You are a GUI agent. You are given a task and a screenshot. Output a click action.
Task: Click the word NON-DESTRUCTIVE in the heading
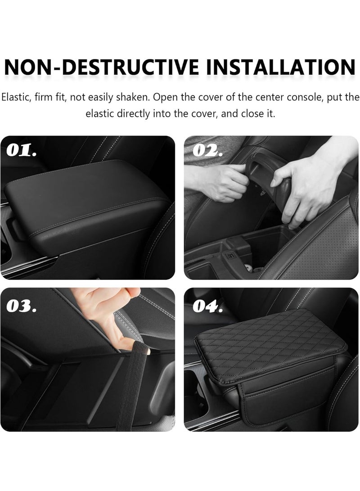99,67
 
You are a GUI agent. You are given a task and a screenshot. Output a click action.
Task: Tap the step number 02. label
207,150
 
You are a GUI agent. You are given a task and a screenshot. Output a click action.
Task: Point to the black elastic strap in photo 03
130,387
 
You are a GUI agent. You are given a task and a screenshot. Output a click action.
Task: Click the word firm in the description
50,97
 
